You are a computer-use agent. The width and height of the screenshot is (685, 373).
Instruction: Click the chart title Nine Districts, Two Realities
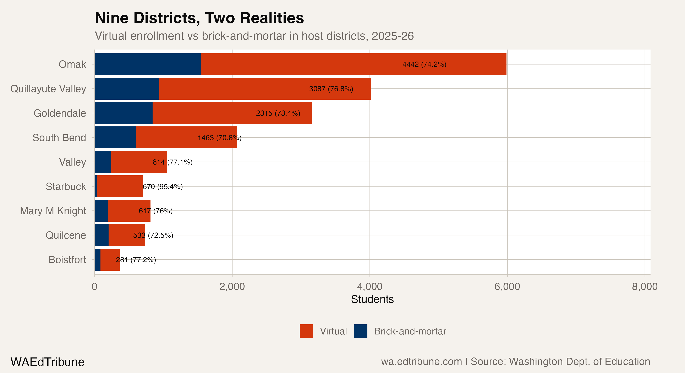point(199,18)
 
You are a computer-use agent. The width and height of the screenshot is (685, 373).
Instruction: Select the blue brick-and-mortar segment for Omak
point(148,64)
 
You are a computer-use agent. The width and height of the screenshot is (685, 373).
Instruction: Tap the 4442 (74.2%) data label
point(424,64)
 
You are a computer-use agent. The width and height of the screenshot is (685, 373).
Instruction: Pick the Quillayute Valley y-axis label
point(48,89)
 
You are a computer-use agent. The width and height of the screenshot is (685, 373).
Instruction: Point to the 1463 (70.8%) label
point(219,138)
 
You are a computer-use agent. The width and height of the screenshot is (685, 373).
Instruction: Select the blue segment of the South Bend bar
point(115,138)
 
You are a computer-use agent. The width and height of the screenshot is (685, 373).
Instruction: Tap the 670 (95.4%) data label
point(163,186)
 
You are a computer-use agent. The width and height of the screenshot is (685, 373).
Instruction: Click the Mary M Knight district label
point(53,211)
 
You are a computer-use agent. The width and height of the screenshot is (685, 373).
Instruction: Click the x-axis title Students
point(372,299)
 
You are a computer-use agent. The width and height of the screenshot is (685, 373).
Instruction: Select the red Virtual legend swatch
point(306,331)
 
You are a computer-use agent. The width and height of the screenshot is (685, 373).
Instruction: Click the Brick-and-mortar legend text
point(410,331)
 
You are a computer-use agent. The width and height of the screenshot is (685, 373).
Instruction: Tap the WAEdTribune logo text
point(47,362)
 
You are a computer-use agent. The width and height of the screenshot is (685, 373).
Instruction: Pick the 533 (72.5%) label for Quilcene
point(153,235)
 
